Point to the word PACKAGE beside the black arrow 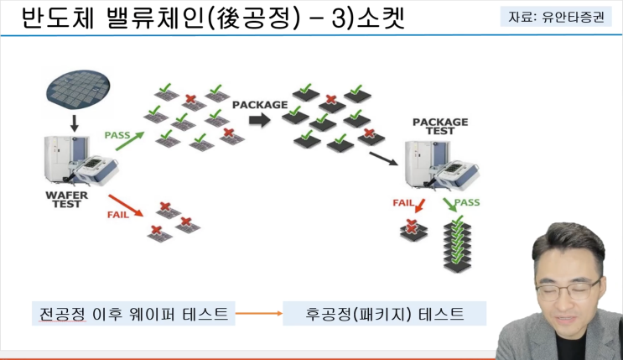pyautogui.click(x=260, y=105)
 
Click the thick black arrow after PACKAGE pyautogui.click(x=260, y=121)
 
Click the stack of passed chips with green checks pyautogui.click(x=458, y=243)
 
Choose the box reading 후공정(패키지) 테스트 pyautogui.click(x=386, y=315)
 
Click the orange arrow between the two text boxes pyautogui.click(x=259, y=316)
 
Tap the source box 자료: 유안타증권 pyautogui.click(x=553, y=16)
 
